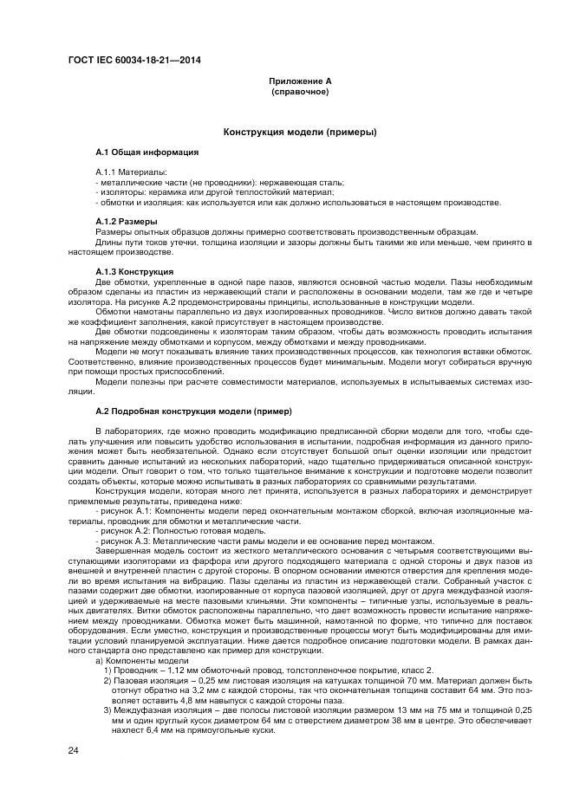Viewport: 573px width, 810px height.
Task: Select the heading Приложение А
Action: pyautogui.click(x=299, y=81)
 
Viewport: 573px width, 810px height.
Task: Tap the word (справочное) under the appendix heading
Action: pyautogui.click(x=299, y=90)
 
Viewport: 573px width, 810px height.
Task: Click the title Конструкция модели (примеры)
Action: pyautogui.click(x=299, y=133)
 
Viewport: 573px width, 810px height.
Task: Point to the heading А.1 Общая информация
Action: pyautogui.click(x=147, y=152)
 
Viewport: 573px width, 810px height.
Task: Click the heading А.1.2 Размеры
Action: pyautogui.click(x=127, y=222)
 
